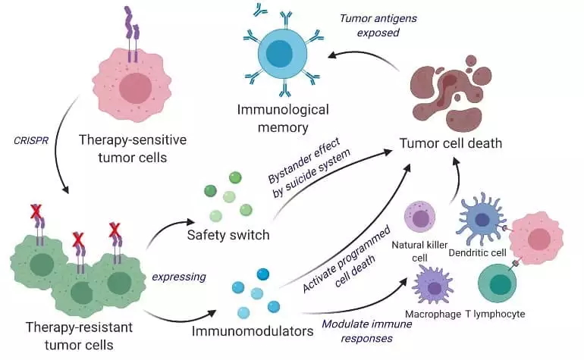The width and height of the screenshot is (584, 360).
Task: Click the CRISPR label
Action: pyautogui.click(x=31, y=141)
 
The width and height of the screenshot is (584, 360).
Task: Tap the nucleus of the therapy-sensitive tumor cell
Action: pyautogui.click(x=136, y=88)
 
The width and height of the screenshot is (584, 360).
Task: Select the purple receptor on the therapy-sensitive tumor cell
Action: pyautogui.click(x=132, y=34)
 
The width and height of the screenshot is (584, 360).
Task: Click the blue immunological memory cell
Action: pyautogui.click(x=283, y=52)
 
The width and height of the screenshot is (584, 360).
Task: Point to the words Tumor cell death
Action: pyautogui.click(x=451, y=143)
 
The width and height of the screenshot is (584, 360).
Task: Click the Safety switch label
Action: pyautogui.click(x=228, y=235)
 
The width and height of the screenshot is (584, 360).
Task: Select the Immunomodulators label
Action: pyautogui.click(x=253, y=331)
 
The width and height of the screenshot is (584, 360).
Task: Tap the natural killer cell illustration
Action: pyautogui.click(x=419, y=217)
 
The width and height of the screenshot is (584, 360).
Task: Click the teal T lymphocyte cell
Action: pyautogui.click(x=498, y=283)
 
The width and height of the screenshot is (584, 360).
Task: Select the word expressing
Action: pyautogui.click(x=179, y=277)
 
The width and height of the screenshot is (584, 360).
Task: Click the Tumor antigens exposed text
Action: pyautogui.click(x=378, y=25)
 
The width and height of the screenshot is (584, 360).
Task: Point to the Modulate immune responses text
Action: pyautogui.click(x=367, y=331)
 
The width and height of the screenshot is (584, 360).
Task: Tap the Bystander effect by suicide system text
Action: pyautogui.click(x=309, y=167)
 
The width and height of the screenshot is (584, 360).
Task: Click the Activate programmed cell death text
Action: pyautogui.click(x=346, y=259)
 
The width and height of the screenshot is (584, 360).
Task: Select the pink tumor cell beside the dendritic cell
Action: pyautogui.click(x=536, y=238)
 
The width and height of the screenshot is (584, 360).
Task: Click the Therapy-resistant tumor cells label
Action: pyautogui.click(x=79, y=336)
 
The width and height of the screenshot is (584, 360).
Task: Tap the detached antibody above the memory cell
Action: pyautogui.click(x=260, y=10)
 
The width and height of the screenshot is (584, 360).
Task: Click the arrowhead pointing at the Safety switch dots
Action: pyautogui.click(x=190, y=222)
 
